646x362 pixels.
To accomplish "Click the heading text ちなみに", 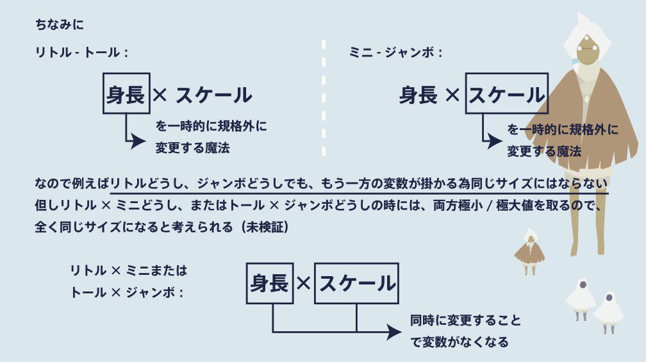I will click(x=60, y=26).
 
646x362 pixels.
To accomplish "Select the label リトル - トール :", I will click(x=81, y=53).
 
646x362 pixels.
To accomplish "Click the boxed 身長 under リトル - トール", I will click(x=126, y=94).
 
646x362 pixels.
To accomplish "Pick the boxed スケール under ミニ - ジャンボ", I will click(x=506, y=94).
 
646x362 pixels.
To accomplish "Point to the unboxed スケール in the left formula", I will click(x=213, y=95).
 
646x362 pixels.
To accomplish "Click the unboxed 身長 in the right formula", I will click(x=418, y=95).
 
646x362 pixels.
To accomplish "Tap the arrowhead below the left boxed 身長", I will click(x=139, y=142).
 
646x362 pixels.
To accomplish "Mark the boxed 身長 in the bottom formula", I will click(x=269, y=283).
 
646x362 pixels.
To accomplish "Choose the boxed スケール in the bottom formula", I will click(x=356, y=283).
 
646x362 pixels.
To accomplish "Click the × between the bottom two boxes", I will click(x=303, y=283).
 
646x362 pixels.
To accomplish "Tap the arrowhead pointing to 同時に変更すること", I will click(x=392, y=331).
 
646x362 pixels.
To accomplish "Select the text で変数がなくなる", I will click(x=460, y=342).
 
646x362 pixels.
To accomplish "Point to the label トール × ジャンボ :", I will click(x=128, y=292).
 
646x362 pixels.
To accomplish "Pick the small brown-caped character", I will click(x=529, y=251).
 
